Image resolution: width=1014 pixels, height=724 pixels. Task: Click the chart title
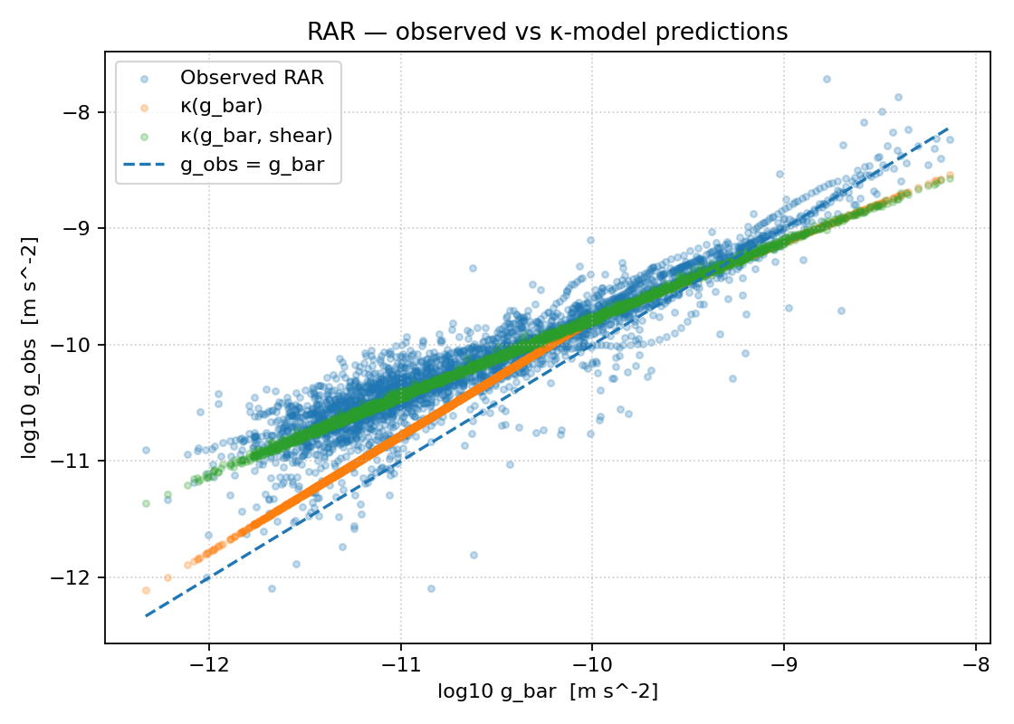[547, 32]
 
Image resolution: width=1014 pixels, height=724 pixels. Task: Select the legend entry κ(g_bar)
[221, 106]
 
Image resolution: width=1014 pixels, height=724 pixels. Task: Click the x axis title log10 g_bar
[547, 692]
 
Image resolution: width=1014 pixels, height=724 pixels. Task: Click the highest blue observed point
[826, 79]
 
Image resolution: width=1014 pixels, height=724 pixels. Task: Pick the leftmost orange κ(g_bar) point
[146, 590]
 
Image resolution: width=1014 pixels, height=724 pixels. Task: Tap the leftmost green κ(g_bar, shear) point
[146, 503]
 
